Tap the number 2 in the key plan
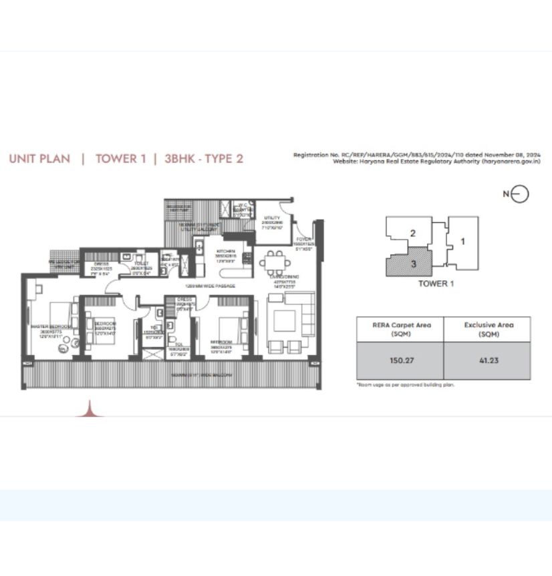point(413,233)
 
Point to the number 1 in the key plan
point(462,241)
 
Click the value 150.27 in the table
point(400,361)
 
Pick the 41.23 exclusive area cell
point(487,361)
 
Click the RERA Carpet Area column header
point(400,329)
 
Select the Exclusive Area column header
point(487,329)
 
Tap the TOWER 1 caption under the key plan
point(436,284)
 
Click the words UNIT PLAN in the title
point(39,159)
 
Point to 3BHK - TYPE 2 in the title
point(203,159)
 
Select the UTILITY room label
point(271,218)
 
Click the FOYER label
point(304,239)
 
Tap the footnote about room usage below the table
point(405,385)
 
